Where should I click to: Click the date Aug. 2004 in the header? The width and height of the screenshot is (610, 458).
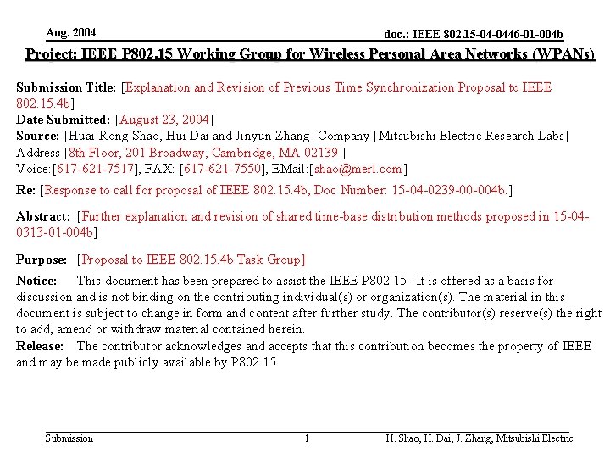coord(71,33)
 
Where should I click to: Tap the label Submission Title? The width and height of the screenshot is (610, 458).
coord(68,87)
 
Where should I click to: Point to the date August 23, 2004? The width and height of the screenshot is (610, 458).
coord(164,120)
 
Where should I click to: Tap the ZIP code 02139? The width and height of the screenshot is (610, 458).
coord(320,152)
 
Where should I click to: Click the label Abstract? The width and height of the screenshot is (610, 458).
coord(43,215)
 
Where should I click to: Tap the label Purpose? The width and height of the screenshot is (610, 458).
coord(42,260)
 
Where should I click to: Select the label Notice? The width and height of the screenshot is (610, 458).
coord(36,281)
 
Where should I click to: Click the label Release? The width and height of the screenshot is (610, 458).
coord(40,346)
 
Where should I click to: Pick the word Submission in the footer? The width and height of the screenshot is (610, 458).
coord(69,438)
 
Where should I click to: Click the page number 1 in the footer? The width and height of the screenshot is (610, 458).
coord(307,438)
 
